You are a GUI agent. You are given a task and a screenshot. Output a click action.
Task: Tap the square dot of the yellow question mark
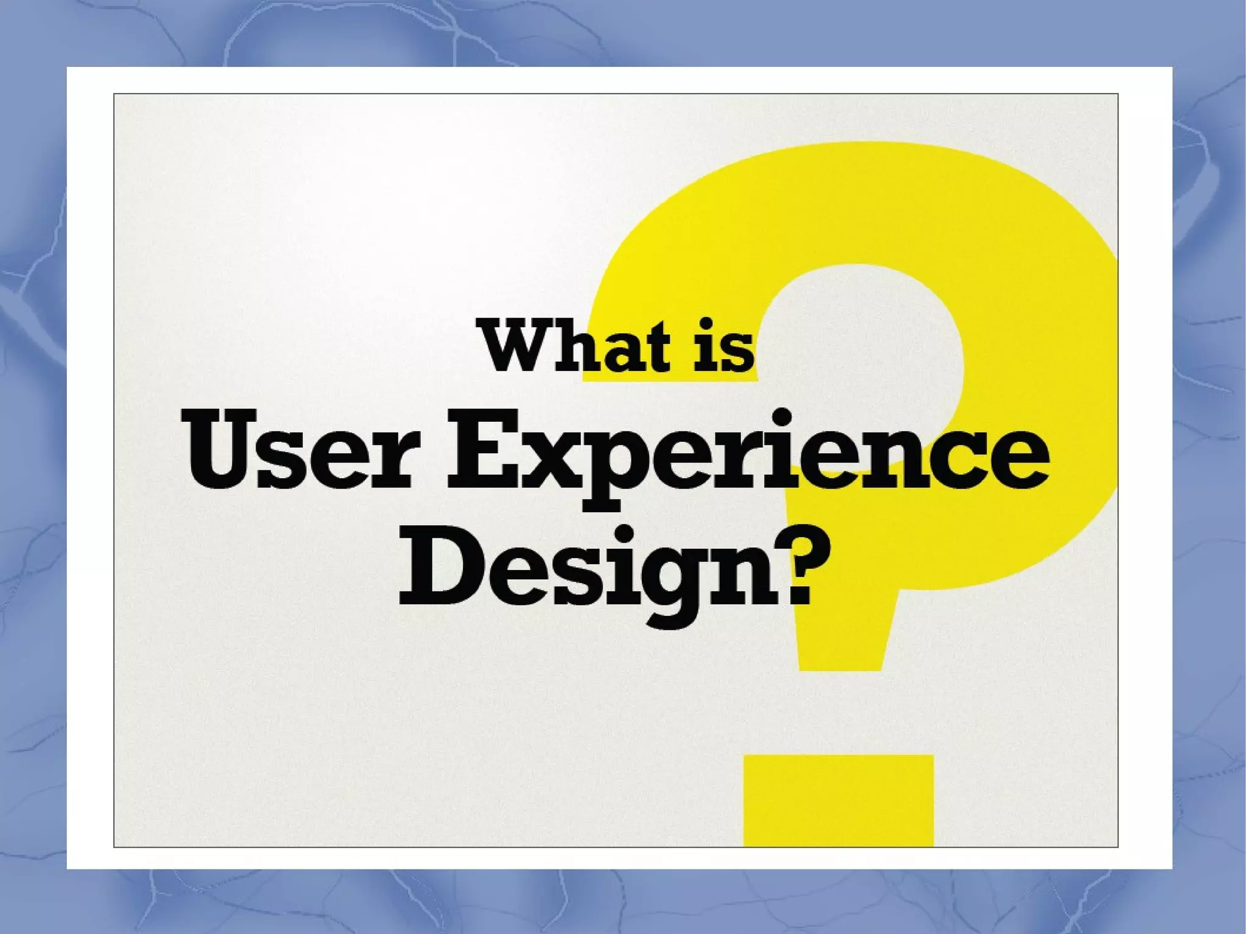coord(838,800)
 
